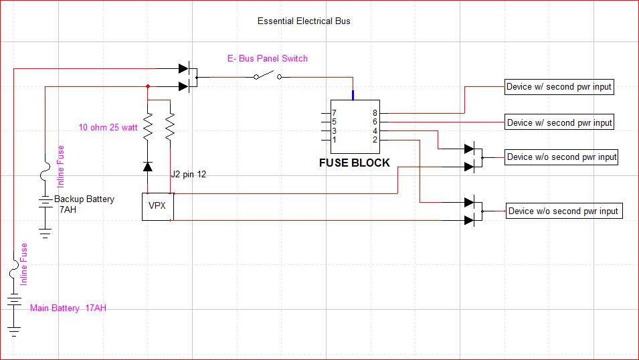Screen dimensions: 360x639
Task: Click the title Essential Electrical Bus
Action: click(304, 21)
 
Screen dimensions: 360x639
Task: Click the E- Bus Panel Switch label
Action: click(268, 59)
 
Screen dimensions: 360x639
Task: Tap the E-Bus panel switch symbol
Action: click(268, 76)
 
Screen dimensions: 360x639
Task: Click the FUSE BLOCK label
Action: click(354, 163)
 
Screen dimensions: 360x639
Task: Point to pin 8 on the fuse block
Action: click(375, 113)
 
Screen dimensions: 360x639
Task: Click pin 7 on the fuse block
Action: click(334, 113)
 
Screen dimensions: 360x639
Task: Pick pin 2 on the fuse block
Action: click(375, 139)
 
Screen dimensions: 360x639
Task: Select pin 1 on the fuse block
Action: click(334, 139)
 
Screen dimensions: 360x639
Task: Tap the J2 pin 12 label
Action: click(189, 175)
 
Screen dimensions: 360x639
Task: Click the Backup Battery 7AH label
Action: click(84, 204)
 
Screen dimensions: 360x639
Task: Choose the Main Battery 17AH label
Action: click(68, 308)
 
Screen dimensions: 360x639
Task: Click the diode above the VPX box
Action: click(148, 165)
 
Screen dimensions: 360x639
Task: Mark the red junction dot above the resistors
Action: click(147, 86)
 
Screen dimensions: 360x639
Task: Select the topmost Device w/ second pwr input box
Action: click(559, 86)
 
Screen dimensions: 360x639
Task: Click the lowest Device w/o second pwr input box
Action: click(563, 211)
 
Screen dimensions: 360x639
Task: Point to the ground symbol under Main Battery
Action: click(13, 331)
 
